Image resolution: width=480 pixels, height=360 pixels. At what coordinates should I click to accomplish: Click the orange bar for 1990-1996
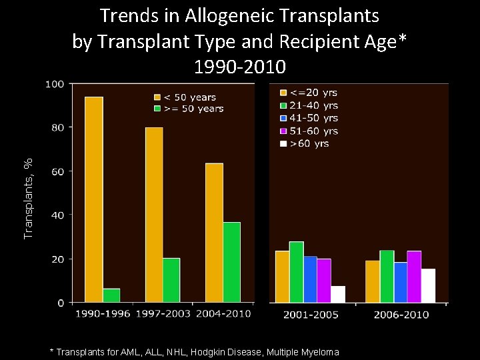94,199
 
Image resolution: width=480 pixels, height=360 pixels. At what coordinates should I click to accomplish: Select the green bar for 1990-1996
111,295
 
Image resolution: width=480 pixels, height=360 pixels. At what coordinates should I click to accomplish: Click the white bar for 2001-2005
338,294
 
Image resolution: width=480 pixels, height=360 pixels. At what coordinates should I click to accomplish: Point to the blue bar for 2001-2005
310,279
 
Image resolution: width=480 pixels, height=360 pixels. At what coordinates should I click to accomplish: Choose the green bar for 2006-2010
387,277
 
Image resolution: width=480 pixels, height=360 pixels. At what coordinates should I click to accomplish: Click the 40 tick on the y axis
58,215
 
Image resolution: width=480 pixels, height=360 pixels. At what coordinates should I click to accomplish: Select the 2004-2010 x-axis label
223,313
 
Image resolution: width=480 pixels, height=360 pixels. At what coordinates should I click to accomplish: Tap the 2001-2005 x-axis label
311,314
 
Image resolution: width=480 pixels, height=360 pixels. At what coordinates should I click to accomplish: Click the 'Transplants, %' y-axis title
28,198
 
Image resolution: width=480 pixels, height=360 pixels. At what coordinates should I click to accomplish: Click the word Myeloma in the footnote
320,352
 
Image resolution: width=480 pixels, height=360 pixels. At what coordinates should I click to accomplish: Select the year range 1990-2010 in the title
240,67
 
